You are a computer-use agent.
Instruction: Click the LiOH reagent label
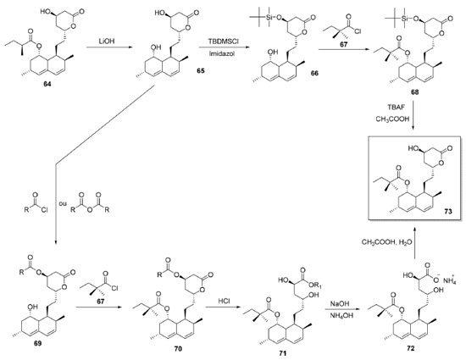click(107, 42)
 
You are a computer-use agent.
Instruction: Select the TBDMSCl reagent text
click(223, 42)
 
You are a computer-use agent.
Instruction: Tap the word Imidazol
click(223, 53)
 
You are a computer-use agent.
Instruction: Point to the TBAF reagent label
click(392, 107)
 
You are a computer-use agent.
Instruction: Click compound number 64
click(47, 85)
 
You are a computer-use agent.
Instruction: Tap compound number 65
click(200, 70)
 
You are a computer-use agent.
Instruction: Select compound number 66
click(314, 73)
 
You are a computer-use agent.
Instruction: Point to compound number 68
click(414, 91)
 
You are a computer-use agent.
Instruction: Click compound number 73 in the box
click(447, 211)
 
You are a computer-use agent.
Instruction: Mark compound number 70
click(178, 348)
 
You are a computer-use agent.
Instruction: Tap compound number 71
click(283, 353)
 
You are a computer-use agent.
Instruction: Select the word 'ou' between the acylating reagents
click(63, 204)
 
